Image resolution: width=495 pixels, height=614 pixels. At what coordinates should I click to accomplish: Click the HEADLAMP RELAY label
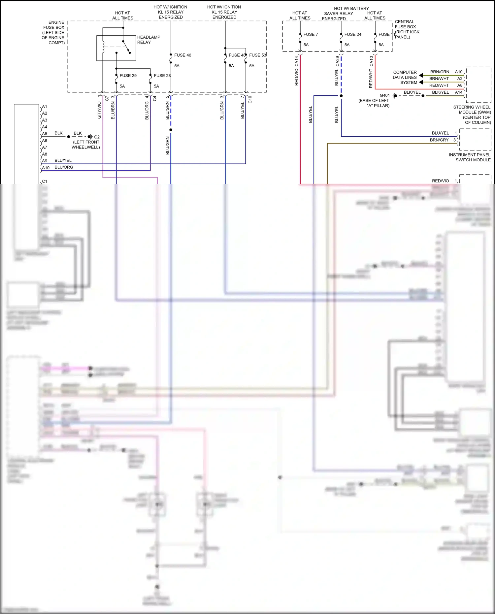coord(148,40)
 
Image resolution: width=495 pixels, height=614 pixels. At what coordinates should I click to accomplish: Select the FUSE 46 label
coord(182,55)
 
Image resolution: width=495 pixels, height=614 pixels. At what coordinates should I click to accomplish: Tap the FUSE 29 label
coord(128,76)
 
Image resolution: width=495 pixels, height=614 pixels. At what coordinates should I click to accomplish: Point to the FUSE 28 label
coord(162,76)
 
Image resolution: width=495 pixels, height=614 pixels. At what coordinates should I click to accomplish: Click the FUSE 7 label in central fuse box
coord(311,34)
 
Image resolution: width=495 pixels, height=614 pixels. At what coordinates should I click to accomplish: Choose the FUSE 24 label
coord(352,34)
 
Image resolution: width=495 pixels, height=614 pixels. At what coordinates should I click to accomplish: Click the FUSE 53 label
coord(257,55)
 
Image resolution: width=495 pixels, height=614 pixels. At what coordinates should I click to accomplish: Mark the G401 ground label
coord(384,95)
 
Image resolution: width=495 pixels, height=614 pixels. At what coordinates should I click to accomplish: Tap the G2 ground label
coord(97,137)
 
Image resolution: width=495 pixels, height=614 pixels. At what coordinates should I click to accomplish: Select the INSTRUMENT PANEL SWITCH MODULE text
coord(470,157)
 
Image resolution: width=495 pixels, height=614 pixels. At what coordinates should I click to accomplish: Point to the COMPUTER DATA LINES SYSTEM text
coord(405,77)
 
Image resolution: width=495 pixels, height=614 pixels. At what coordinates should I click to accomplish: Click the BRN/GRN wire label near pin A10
coord(440,72)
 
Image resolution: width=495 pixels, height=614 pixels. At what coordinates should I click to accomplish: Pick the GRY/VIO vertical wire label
coord(99,110)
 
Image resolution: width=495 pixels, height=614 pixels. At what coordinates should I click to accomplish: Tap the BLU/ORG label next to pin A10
coord(64,167)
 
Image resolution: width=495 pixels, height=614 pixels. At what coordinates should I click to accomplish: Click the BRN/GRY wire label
coord(439,140)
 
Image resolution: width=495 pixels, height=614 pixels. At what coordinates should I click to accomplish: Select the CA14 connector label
coord(296,61)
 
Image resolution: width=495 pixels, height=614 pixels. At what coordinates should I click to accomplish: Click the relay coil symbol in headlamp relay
coord(103,47)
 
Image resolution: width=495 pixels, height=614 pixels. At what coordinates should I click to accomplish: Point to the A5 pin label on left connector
coord(45,134)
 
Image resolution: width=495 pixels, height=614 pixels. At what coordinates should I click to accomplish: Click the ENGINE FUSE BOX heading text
coord(54,32)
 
